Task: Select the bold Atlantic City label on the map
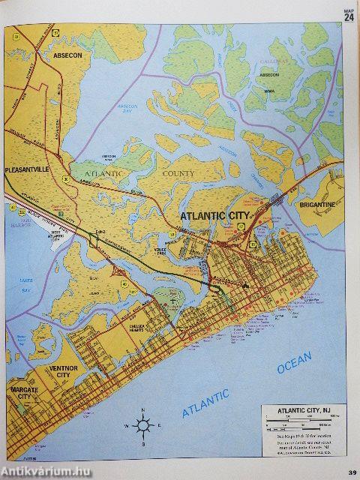coord(217,215)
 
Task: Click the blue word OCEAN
coord(294,364)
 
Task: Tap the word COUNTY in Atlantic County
coord(178,174)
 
